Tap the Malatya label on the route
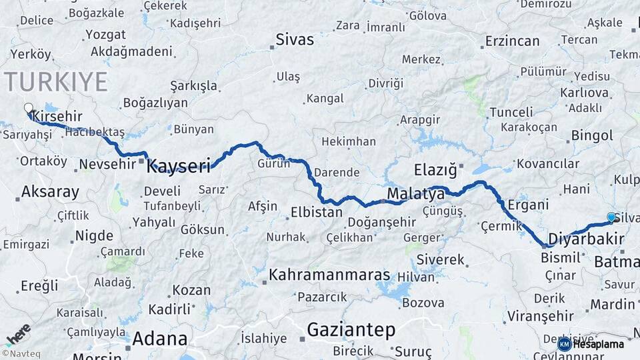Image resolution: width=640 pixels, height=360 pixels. (x=415, y=195)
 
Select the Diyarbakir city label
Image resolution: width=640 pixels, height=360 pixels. (x=585, y=239)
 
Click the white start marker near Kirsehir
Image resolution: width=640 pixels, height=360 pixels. (x=28, y=107)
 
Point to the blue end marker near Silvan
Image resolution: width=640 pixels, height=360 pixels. (x=611, y=217)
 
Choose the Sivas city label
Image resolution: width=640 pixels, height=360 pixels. (x=295, y=39)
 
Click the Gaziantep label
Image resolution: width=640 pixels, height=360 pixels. (x=351, y=329)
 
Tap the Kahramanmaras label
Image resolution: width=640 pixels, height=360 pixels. (x=329, y=275)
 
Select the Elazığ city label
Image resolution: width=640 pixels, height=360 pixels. (x=435, y=169)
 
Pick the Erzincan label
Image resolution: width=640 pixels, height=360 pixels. (x=512, y=41)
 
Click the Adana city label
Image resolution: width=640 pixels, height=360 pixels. (x=159, y=338)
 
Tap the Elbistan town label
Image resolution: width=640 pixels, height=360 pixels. (x=316, y=213)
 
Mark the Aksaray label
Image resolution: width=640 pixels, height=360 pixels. (x=50, y=193)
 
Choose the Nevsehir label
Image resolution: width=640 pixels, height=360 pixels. (x=107, y=164)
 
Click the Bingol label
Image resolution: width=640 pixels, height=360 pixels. (x=592, y=136)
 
